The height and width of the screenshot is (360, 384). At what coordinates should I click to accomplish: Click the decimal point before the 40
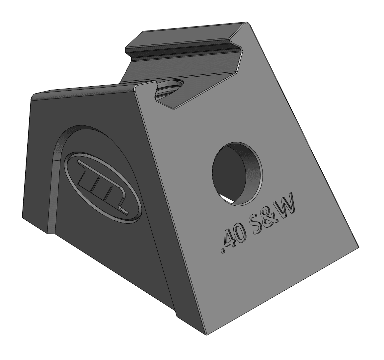coord(222,250)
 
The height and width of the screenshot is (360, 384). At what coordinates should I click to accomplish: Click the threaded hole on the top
coord(169,88)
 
